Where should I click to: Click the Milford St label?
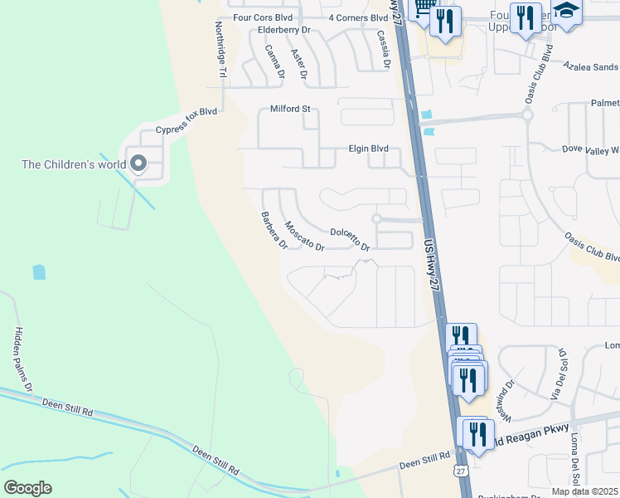point(290,109)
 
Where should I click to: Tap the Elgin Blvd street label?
point(367,149)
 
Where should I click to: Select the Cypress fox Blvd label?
point(186,130)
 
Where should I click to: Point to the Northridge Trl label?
point(221,50)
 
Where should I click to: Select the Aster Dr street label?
point(299,64)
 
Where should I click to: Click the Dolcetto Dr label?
point(349,239)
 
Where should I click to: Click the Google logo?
point(27,488)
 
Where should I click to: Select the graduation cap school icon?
point(568,12)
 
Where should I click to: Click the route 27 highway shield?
point(461,470)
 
